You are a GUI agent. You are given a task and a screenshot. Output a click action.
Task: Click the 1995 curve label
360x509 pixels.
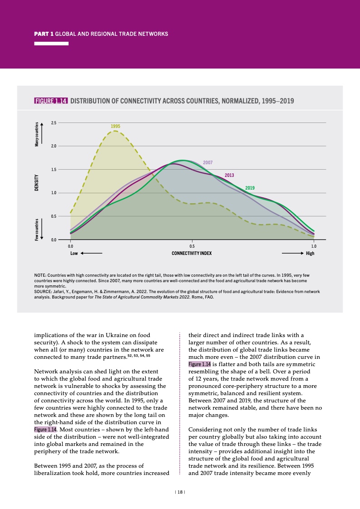pyautogui.click(x=116, y=126)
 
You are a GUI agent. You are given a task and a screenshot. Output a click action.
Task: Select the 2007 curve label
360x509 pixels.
pyautogui.click(x=208, y=162)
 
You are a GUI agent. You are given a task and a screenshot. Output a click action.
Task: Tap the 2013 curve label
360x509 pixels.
pyautogui.click(x=230, y=175)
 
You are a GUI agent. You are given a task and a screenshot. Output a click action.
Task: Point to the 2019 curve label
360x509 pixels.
pyautogui.click(x=250, y=188)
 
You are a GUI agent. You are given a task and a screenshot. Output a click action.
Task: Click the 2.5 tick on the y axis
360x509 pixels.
pyautogui.click(x=54, y=123)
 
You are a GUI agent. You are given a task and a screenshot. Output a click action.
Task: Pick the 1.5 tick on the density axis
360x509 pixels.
pyautogui.click(x=54, y=170)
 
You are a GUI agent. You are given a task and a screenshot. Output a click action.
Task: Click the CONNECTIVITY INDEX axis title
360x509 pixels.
pyautogui.click(x=192, y=253)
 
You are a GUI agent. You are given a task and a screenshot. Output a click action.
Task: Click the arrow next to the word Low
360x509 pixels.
pyautogui.click(x=91, y=253)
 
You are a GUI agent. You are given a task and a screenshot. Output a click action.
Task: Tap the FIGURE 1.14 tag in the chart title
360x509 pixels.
pyautogui.click(x=51, y=101)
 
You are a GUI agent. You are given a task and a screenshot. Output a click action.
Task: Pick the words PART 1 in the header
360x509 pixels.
pyautogui.click(x=44, y=34)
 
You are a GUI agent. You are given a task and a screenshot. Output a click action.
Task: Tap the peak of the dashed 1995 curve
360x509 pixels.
pyautogui.click(x=115, y=131)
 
